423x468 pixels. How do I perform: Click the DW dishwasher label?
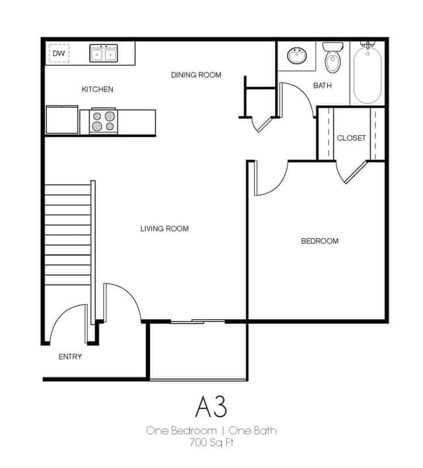point(58,54)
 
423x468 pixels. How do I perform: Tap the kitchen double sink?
point(104,53)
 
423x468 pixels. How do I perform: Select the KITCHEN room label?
point(97,89)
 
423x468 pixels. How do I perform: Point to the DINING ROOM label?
point(196,75)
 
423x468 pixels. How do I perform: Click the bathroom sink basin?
point(297,56)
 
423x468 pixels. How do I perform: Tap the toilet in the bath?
point(332,58)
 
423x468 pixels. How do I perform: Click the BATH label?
point(323,85)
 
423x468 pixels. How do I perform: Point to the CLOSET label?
point(351,138)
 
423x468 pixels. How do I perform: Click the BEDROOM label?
point(319,241)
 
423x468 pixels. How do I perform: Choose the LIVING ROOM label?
point(165,228)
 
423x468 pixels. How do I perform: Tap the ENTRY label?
point(70,357)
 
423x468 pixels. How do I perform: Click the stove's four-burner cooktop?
point(104,121)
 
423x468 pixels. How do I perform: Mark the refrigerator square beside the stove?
point(62,119)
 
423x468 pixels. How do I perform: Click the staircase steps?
point(67,235)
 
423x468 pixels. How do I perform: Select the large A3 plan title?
point(211,407)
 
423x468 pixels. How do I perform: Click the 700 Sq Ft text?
point(211,442)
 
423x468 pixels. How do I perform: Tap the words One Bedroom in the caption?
point(181,431)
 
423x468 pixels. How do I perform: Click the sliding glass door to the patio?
point(198,322)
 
